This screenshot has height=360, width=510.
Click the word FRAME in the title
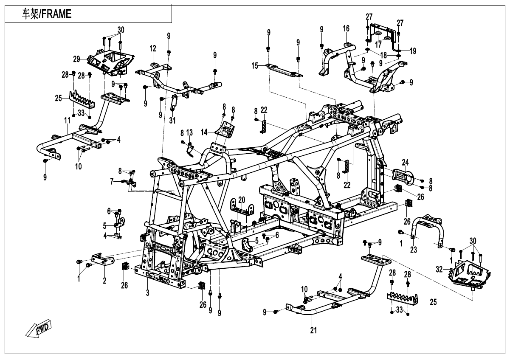pos(56,14)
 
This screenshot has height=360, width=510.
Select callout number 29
pos(76,58)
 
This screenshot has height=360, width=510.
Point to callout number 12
pos(152,49)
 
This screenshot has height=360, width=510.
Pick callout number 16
pos(346,28)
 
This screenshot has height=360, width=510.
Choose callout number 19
pos(413,51)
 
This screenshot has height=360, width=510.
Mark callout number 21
pos(314,330)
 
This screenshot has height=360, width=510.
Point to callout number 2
pos(104,281)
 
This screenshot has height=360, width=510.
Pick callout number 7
pos(112,181)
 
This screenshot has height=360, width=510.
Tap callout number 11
pos(67,121)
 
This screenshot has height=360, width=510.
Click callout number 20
pos(242,200)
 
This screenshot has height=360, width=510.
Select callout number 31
pos(172,121)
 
